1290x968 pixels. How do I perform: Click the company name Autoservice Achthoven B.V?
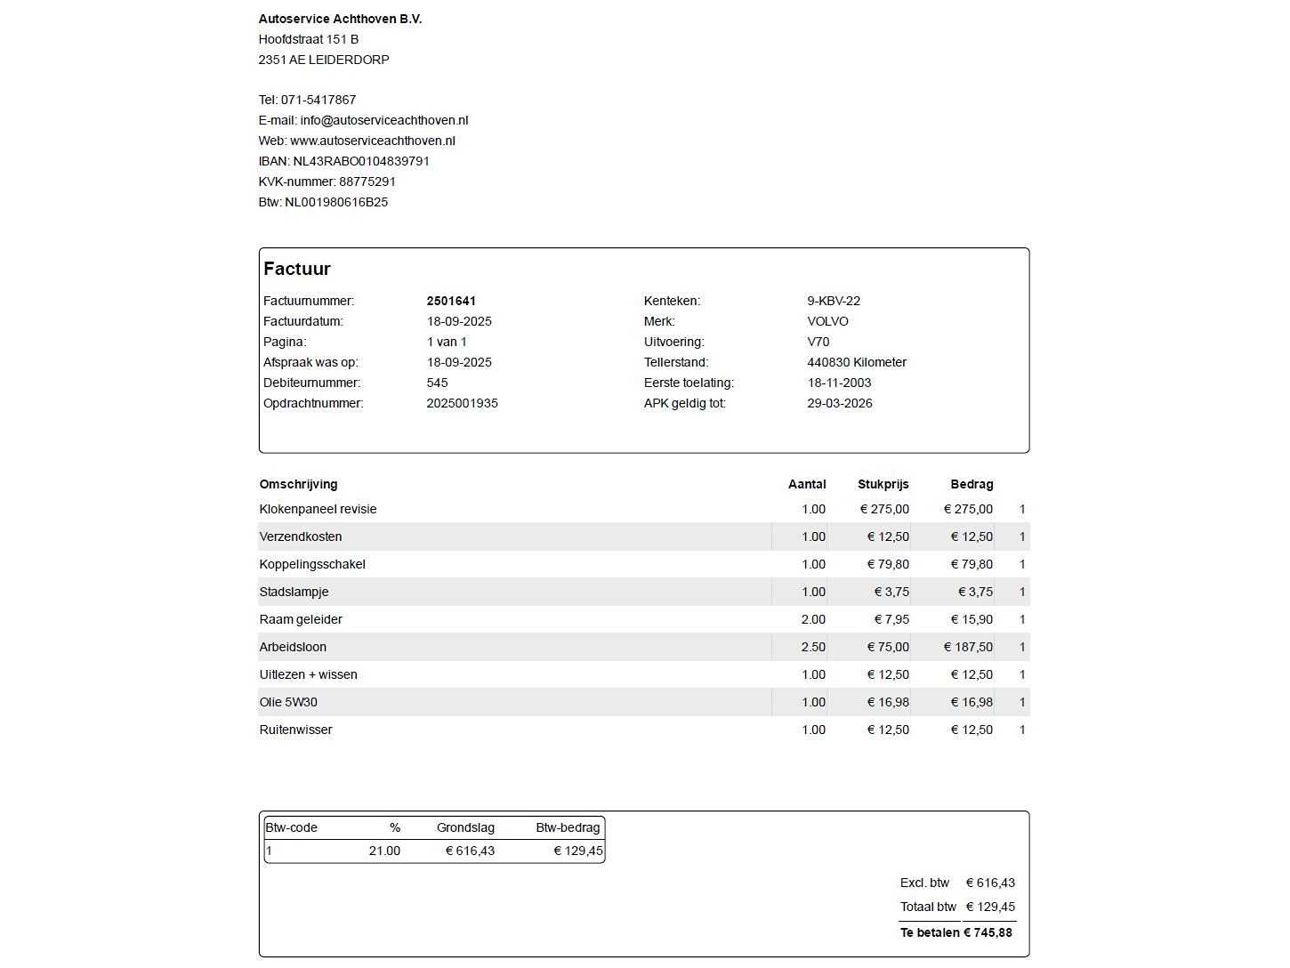point(340,19)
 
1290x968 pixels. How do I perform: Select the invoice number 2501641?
point(451,301)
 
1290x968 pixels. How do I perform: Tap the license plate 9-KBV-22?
point(834,301)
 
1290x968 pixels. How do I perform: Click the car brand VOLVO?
point(827,321)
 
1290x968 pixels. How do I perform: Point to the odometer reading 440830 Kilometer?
point(857,362)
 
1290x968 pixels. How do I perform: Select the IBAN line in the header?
point(343,161)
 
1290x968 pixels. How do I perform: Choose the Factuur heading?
point(297,269)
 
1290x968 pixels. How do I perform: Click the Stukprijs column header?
point(883,485)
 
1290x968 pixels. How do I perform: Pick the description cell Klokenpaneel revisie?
point(318,509)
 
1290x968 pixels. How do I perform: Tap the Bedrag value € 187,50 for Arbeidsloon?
point(968,647)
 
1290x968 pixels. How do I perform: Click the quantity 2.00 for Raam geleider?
point(813,619)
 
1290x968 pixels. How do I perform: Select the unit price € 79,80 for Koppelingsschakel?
point(888,564)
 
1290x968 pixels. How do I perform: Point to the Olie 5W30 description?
point(288,702)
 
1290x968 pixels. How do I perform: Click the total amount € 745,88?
point(988,932)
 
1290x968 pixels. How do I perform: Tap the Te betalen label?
point(930,932)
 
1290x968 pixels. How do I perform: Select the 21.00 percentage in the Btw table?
point(384,851)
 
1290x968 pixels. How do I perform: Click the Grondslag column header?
point(465,827)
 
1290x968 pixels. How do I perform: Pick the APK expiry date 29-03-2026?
point(840,403)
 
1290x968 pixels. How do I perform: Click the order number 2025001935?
point(462,403)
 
